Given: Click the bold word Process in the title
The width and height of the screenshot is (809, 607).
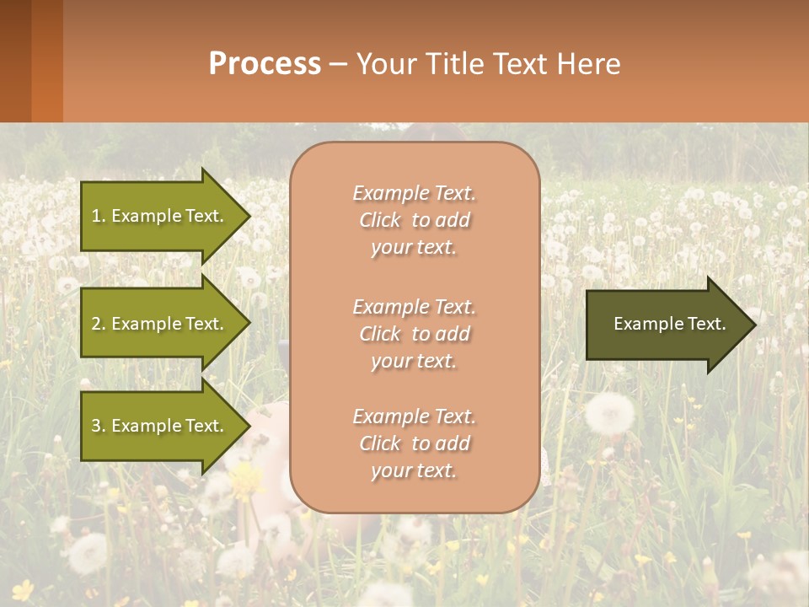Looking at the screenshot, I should [265, 64].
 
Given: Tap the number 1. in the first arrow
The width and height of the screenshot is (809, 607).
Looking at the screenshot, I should [99, 216].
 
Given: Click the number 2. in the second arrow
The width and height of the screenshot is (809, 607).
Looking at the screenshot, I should [99, 324].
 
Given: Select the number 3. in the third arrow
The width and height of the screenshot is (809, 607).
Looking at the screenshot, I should [99, 426].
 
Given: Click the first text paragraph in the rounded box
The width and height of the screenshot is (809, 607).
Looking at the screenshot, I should [414, 220].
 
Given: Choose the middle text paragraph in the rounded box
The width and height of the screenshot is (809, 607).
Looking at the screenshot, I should [414, 334].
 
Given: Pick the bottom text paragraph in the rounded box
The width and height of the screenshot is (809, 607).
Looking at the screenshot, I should [414, 443].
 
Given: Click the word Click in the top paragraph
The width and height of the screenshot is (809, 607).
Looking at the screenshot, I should [380, 221].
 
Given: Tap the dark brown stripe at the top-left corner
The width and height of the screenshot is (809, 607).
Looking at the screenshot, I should [15, 61].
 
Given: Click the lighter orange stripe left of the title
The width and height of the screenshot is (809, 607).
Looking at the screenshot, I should [47, 61].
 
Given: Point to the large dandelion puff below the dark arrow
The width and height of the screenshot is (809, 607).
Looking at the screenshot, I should [609, 414].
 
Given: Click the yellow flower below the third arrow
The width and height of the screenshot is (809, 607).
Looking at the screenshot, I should [247, 480].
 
